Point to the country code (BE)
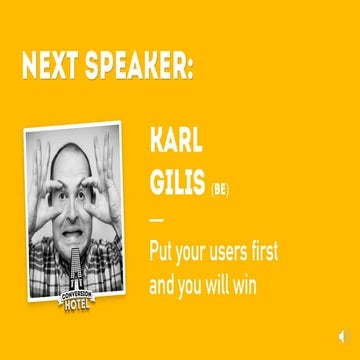[220, 187]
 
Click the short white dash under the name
[155, 218]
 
